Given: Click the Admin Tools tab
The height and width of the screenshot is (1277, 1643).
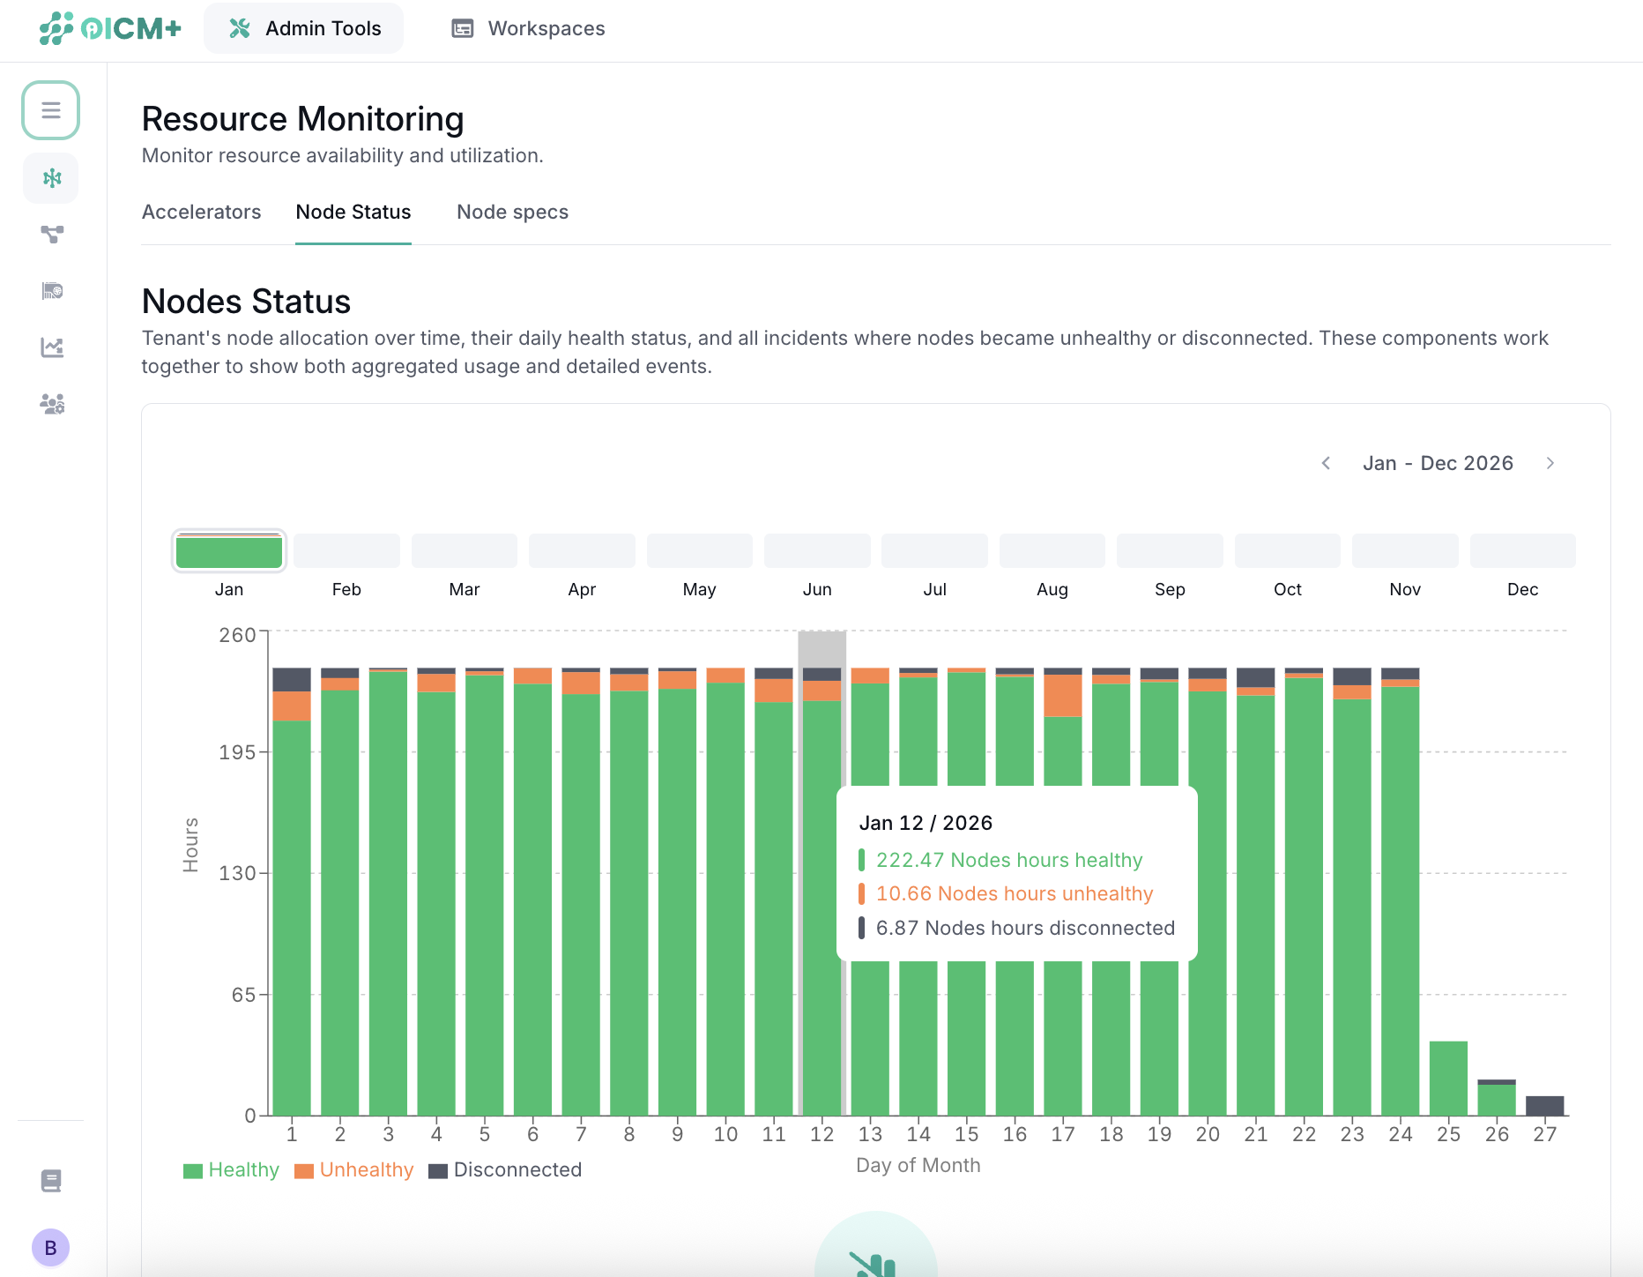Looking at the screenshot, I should click(x=304, y=28).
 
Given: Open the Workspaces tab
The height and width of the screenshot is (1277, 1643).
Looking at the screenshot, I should click(x=528, y=28).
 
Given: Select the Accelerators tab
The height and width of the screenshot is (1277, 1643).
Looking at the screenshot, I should click(x=201, y=212).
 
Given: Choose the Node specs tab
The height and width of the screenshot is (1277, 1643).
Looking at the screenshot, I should click(x=512, y=212).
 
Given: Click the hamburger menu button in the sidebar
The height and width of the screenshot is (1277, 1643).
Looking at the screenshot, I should click(x=51, y=110).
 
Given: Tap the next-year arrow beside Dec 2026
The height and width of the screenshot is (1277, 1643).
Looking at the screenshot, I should click(x=1550, y=463).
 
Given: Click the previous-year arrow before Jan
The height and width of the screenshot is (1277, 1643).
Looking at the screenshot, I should click(x=1326, y=463).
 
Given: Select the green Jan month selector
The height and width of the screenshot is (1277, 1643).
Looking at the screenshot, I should click(x=229, y=551).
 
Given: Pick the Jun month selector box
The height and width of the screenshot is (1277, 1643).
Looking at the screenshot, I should click(x=817, y=551).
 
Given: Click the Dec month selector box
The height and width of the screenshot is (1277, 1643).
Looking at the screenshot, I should click(x=1522, y=551).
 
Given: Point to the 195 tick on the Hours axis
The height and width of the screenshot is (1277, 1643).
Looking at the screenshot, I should click(x=237, y=752).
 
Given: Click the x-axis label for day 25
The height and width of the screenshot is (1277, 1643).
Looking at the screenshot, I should click(x=1448, y=1134).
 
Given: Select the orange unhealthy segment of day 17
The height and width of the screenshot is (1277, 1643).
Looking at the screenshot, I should click(x=1063, y=696).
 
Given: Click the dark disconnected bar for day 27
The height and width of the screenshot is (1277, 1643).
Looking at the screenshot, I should click(x=1544, y=1106).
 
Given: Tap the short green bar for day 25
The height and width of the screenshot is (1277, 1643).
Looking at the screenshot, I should click(x=1448, y=1078).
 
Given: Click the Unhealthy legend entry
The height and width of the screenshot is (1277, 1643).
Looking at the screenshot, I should click(x=354, y=1169).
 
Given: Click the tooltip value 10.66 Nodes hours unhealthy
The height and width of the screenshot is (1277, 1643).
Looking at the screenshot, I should click(x=1014, y=893).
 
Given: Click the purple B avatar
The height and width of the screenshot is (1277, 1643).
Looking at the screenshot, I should click(x=51, y=1247).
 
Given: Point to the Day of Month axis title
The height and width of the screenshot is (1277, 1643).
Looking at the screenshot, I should click(x=918, y=1165).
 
